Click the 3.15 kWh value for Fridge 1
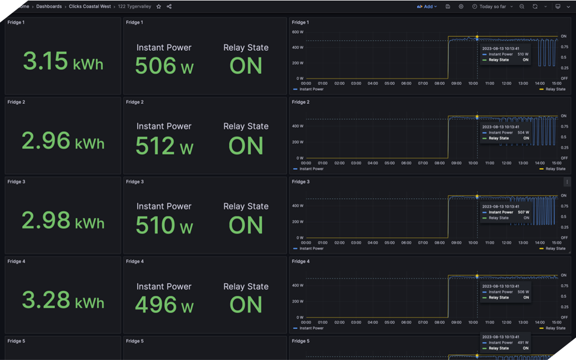point(63,61)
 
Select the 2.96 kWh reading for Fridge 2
point(63,141)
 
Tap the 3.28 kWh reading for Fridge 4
point(63,300)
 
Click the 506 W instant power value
point(164,66)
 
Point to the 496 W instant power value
point(164,305)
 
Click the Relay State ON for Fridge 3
point(246,225)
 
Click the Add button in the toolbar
point(427,7)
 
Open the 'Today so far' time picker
point(492,7)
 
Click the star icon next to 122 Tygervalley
point(159,7)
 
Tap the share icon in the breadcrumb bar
point(169,7)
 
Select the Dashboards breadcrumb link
point(49,7)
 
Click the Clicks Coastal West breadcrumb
point(90,7)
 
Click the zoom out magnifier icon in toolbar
point(522,7)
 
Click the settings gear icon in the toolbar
point(461,7)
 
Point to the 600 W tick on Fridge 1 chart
point(297,32)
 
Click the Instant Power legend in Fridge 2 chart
point(311,169)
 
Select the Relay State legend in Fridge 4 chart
point(555,328)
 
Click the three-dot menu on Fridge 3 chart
point(567,182)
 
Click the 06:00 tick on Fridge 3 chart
point(406,243)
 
